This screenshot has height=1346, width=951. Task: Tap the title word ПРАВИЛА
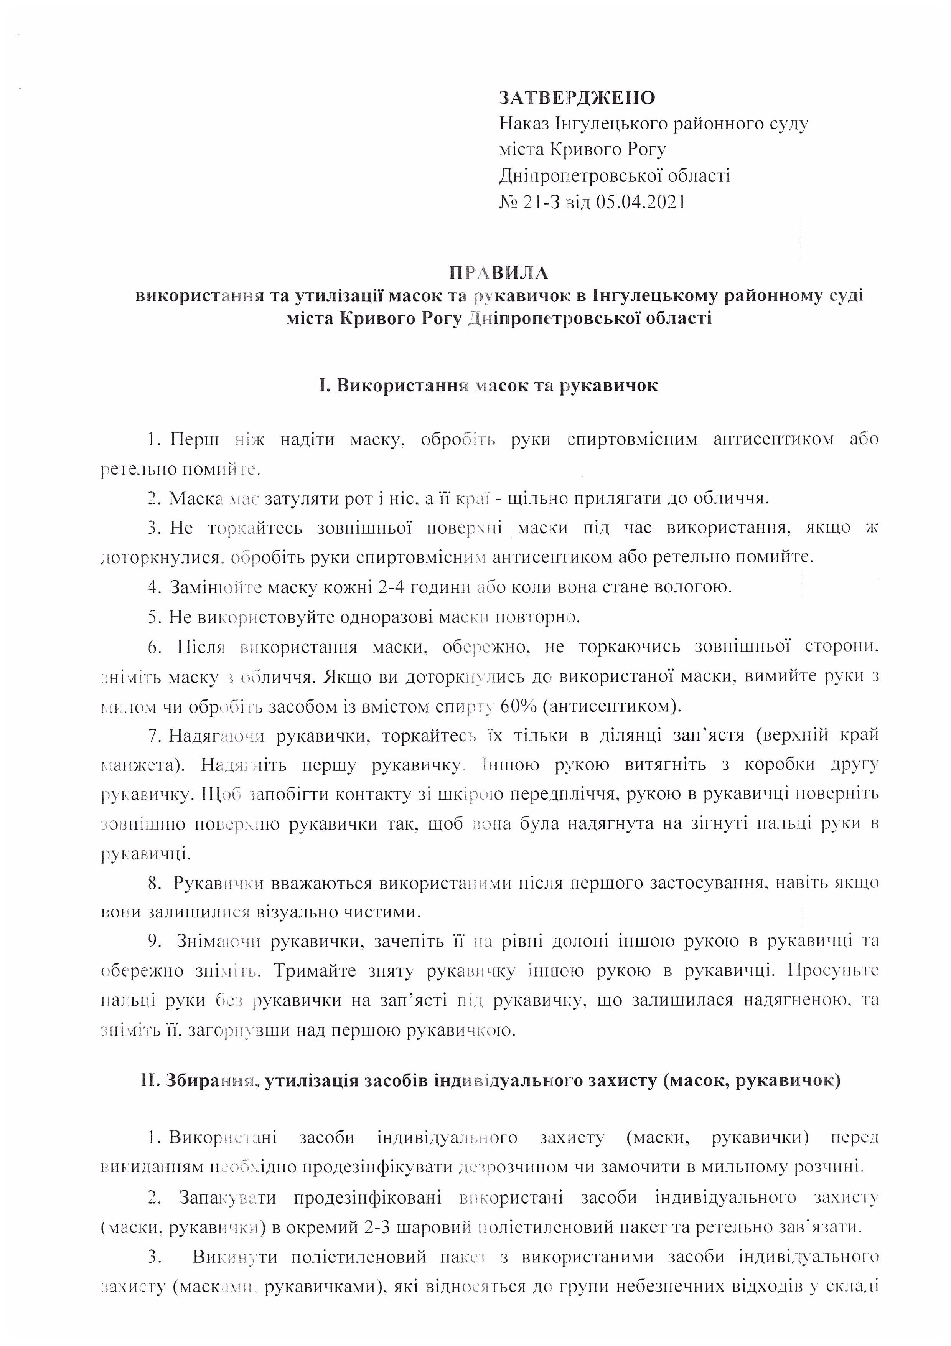pyautogui.click(x=499, y=273)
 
